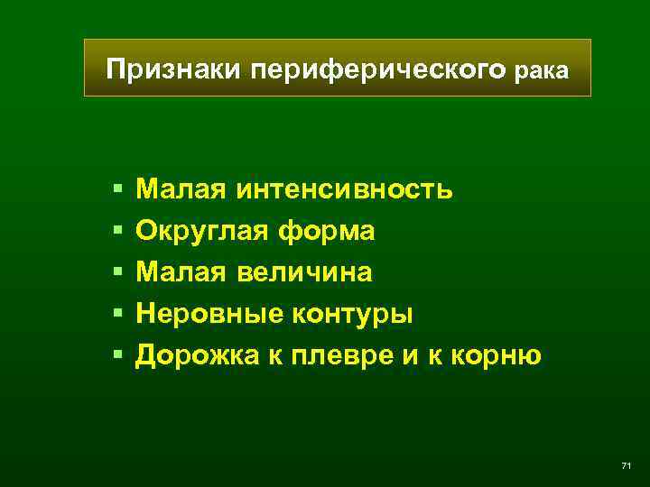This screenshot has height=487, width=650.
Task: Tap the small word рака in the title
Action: [543, 71]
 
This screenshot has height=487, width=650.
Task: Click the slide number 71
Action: [626, 465]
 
